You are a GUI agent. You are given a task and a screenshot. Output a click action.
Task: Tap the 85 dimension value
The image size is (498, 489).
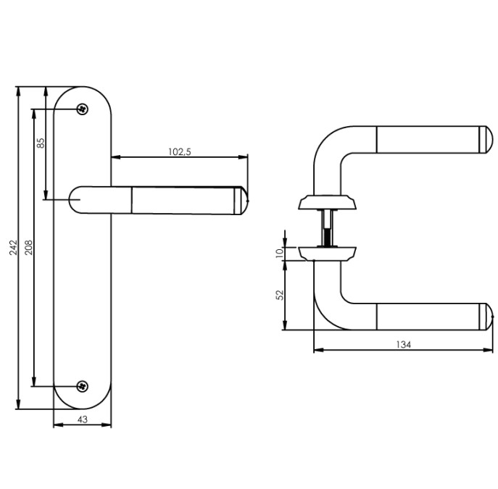click(41, 143)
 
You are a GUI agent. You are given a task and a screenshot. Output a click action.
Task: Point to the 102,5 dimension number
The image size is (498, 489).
click(178, 151)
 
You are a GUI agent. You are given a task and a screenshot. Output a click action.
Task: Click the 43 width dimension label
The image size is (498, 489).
click(82, 419)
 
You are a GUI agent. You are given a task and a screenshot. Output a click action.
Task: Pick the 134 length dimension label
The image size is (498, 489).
click(404, 345)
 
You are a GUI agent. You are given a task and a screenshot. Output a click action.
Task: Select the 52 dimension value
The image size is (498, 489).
click(280, 295)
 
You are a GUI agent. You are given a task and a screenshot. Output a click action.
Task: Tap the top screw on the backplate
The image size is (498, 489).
click(83, 109)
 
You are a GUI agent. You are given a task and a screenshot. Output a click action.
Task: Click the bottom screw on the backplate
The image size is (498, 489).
click(83, 386)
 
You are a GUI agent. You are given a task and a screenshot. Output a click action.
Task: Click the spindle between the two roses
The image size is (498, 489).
click(327, 226)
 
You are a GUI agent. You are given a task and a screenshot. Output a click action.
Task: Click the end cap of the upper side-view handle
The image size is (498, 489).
click(485, 139)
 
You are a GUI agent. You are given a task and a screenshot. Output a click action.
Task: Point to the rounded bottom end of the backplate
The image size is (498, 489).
click(83, 402)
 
